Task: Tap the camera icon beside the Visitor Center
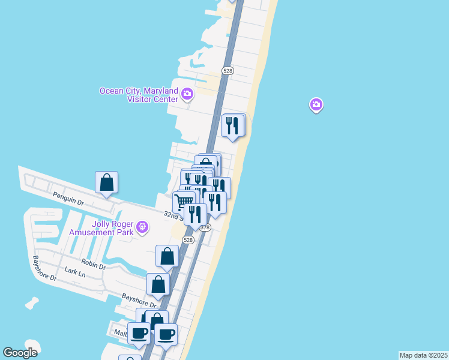(187, 94)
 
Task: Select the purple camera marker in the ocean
(316, 105)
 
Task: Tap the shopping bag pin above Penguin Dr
(106, 182)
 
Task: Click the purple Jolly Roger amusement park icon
(142, 227)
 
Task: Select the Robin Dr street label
(94, 264)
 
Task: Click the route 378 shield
(205, 227)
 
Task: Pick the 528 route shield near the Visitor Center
(227, 71)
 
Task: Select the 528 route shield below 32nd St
(188, 240)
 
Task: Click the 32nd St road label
(175, 214)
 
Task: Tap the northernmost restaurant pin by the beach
(232, 125)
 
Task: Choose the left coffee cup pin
(139, 333)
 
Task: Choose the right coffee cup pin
(166, 334)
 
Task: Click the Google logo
(20, 353)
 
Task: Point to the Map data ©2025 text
(423, 355)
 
